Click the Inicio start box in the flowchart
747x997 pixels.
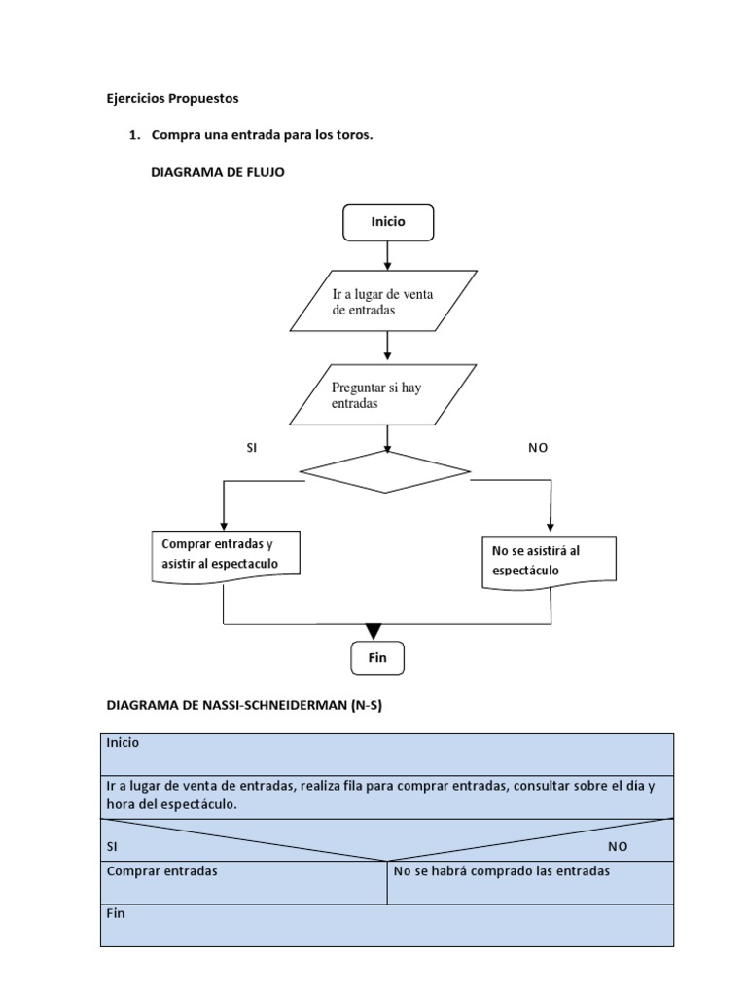point(388,222)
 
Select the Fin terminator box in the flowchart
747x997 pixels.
point(377,658)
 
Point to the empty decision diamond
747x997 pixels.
point(385,472)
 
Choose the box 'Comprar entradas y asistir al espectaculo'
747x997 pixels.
point(226,555)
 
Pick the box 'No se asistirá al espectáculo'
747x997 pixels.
point(550,560)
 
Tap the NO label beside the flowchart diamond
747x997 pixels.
point(538,447)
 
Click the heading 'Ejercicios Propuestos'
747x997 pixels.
point(171,98)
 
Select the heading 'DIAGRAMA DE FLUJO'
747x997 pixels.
point(218,172)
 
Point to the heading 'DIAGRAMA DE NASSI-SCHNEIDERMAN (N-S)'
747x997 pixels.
point(243,706)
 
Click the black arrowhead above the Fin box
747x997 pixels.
point(373,632)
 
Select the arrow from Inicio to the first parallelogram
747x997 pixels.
point(388,255)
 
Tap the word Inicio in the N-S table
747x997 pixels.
point(123,743)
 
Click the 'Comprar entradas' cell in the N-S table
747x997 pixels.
point(162,871)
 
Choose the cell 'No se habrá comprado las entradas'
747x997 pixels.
point(502,871)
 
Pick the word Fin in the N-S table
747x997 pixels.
point(116,914)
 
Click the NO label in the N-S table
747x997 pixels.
point(618,847)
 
